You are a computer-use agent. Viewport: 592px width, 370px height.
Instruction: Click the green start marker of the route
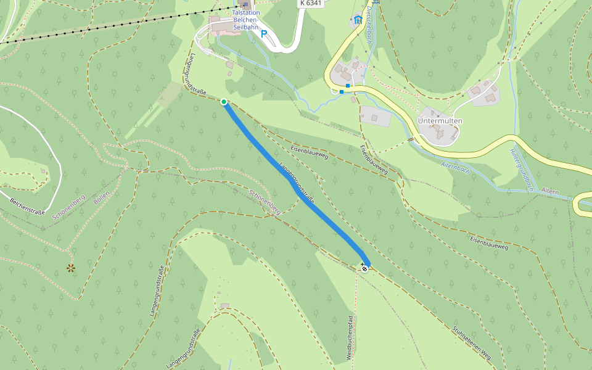(x=224, y=102)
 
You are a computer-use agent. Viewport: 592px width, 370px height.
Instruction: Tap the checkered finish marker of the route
(x=364, y=268)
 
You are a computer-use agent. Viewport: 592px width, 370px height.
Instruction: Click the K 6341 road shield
(x=311, y=3)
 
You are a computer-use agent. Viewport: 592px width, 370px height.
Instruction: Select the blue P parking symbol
(x=264, y=35)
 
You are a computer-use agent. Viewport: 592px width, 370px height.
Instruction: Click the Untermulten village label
(x=440, y=120)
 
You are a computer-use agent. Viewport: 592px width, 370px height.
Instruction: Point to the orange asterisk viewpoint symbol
(x=71, y=268)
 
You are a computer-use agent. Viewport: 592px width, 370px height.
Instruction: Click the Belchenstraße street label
(x=28, y=207)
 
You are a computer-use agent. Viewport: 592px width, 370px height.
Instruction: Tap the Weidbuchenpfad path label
(x=350, y=338)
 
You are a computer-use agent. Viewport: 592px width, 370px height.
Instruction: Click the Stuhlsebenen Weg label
(x=471, y=343)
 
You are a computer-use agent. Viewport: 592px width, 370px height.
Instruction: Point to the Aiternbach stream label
(x=456, y=165)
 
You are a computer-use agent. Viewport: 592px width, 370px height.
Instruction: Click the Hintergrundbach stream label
(x=521, y=170)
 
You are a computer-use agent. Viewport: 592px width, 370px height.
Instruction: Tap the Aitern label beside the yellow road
(x=549, y=192)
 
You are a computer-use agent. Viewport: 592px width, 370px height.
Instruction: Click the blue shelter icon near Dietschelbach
(x=358, y=20)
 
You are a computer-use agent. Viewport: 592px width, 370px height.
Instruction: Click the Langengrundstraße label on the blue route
(x=297, y=183)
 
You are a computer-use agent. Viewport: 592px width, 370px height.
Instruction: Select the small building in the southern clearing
(x=224, y=306)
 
